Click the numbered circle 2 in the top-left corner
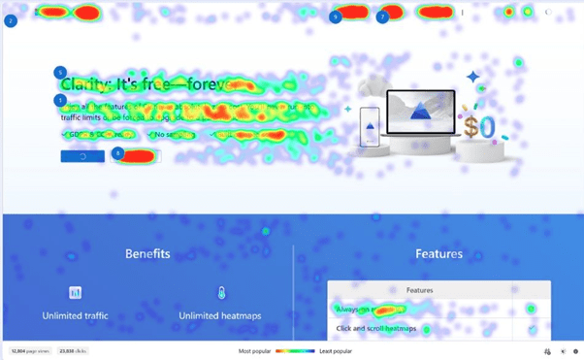(x=11, y=19)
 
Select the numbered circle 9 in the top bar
(x=335, y=16)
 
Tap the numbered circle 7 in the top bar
(x=383, y=16)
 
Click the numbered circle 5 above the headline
(x=60, y=72)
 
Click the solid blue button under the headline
(x=81, y=155)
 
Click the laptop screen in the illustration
(x=419, y=113)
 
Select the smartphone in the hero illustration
(x=369, y=127)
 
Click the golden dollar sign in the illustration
(x=478, y=126)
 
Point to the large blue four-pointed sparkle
(x=472, y=77)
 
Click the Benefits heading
(x=147, y=253)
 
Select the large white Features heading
(x=438, y=253)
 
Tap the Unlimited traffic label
(x=75, y=315)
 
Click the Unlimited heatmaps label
(x=220, y=315)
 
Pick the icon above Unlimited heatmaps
(x=220, y=292)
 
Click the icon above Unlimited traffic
(x=75, y=292)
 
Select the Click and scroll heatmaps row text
(x=376, y=329)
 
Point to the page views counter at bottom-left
(x=30, y=350)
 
